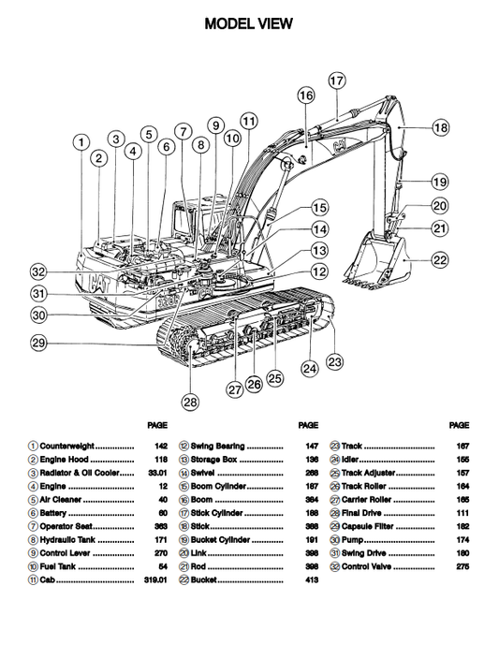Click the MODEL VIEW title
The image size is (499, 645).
248,23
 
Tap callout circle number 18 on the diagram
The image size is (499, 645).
440,127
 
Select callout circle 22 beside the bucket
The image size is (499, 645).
439,260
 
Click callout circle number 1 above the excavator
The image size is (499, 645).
81,142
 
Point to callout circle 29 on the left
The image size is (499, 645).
37,344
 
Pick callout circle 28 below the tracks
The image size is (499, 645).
190,402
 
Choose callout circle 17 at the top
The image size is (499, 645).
336,81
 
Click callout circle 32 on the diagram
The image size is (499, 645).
37,271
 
